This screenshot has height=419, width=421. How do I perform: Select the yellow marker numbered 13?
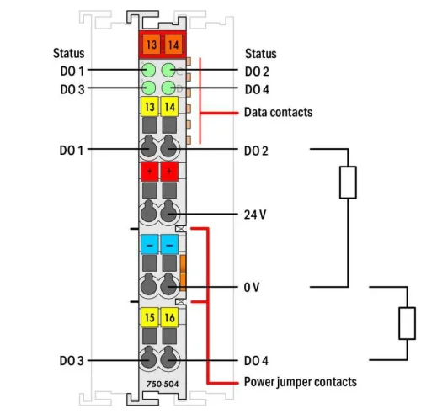click(x=149, y=108)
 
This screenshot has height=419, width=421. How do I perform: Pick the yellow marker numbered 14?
click(x=168, y=108)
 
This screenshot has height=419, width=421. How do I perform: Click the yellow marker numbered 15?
click(x=149, y=318)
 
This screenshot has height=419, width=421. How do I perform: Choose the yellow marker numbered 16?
click(x=168, y=318)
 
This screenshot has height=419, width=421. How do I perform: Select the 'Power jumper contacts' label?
click(x=301, y=382)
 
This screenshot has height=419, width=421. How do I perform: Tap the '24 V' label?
click(x=255, y=215)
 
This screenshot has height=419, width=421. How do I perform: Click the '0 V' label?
click(x=252, y=288)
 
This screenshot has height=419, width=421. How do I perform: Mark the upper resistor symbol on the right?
click(x=348, y=183)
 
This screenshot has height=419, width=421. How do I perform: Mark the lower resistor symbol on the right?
click(x=407, y=322)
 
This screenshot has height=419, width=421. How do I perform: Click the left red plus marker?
click(x=149, y=172)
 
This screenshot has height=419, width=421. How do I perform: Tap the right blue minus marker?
click(x=168, y=244)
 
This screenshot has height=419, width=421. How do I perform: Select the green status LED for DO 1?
click(x=149, y=71)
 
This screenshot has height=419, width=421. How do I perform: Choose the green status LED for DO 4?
click(x=168, y=88)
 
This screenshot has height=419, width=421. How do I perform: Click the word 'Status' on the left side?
click(x=68, y=53)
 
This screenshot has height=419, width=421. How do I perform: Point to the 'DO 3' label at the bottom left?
click(x=72, y=361)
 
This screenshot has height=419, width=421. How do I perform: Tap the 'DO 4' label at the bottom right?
click(x=257, y=361)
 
